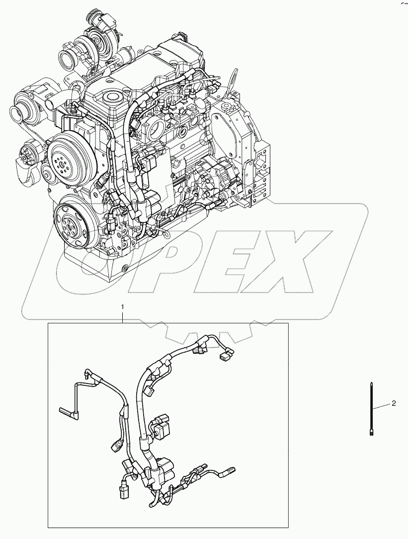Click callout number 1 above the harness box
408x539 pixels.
(x=123, y=308)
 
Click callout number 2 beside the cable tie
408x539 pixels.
(x=394, y=403)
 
